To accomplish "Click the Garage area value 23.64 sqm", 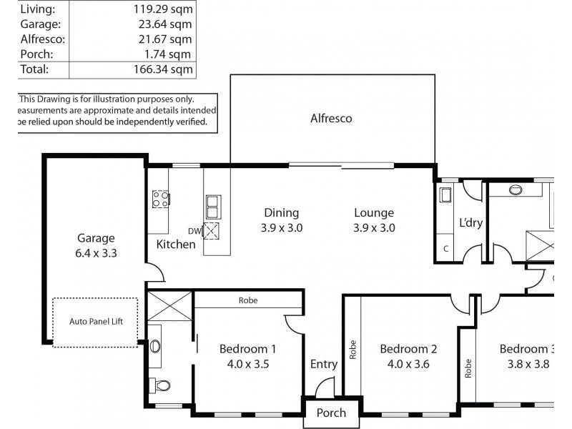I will click(162, 24).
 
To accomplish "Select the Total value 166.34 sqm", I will click(162, 69).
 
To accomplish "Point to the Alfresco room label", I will click(331, 119).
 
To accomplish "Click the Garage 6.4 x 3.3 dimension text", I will click(97, 252).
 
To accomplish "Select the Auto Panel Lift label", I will click(97, 322).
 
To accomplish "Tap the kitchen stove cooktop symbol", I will click(160, 199).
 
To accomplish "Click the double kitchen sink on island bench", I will click(213, 206).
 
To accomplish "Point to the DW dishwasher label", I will click(194, 231).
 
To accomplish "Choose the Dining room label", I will click(281, 212).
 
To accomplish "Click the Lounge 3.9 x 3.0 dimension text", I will click(374, 229).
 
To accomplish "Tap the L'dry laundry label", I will click(470, 223).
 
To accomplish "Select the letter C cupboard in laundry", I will click(445, 249).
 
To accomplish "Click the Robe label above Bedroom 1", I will click(248, 301).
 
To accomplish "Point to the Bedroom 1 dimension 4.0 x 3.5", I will click(247, 363).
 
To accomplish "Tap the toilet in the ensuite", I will click(162, 386).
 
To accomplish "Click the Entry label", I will click(323, 365).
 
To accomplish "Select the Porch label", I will click(331, 413).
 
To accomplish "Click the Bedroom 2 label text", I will click(408, 349).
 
